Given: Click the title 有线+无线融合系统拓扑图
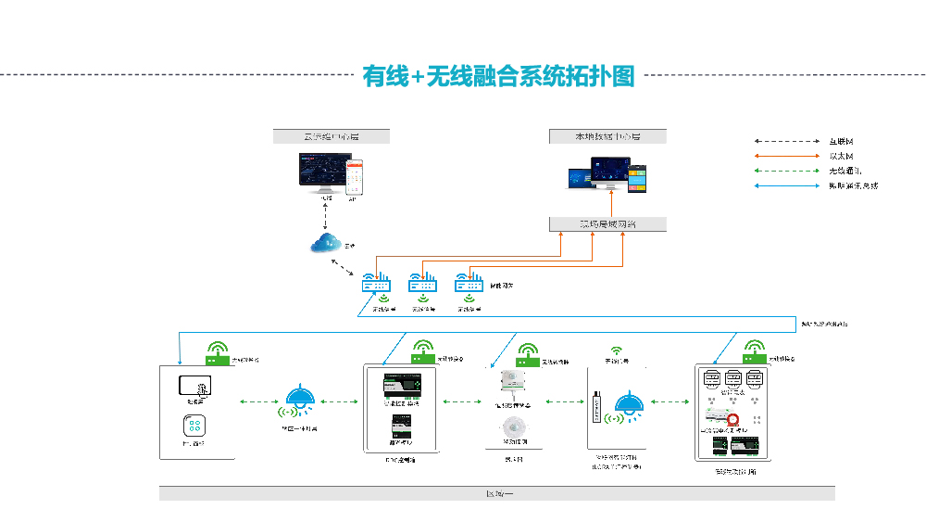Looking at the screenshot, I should [499, 76].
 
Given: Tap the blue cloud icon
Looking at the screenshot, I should [326, 244].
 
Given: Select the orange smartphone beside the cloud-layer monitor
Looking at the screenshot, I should [353, 176].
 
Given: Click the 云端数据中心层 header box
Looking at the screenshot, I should [332, 136].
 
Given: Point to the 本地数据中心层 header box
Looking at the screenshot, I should [607, 136].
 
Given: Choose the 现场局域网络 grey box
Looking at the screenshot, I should [607, 224].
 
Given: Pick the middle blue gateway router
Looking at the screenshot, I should [423, 284].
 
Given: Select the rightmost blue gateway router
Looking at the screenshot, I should [469, 284].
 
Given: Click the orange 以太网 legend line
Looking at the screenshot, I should [788, 156].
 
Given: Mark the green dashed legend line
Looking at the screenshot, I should [788, 171].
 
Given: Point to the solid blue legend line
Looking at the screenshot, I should [788, 185].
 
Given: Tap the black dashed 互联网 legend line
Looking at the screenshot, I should [788, 141].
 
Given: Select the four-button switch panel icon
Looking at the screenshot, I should [194, 426].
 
